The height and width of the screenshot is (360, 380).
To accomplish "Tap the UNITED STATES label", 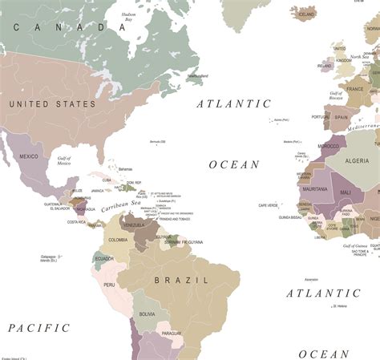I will (53, 104).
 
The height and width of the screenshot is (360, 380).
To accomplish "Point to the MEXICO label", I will (30, 156).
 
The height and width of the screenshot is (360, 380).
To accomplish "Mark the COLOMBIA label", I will (118, 240).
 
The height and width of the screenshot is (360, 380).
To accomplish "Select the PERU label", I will (109, 285).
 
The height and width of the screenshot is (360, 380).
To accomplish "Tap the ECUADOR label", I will (103, 258).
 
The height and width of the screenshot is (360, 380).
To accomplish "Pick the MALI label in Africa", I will (346, 192).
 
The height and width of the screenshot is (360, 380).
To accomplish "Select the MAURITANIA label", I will (315, 189).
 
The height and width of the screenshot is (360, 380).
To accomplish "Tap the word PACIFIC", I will (39, 328).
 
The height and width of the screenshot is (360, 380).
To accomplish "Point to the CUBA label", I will (107, 180).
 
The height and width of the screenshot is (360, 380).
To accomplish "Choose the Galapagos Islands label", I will (50, 258).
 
